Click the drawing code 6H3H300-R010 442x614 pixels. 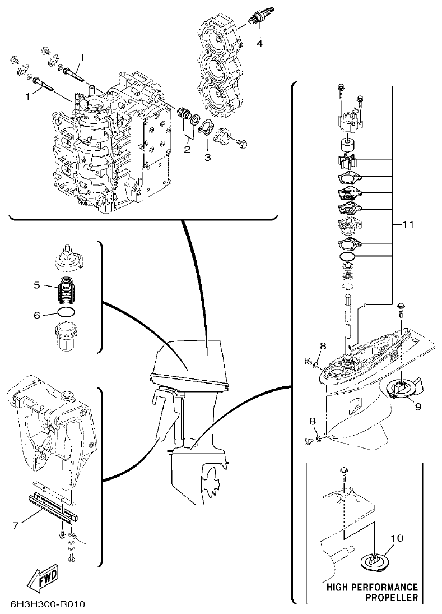(47, 606)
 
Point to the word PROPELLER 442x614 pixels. (392, 597)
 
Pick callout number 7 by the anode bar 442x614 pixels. (16, 525)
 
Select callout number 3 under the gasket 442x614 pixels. (207, 158)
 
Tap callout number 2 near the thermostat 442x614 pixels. (187, 149)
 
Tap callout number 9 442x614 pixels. (417, 407)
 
